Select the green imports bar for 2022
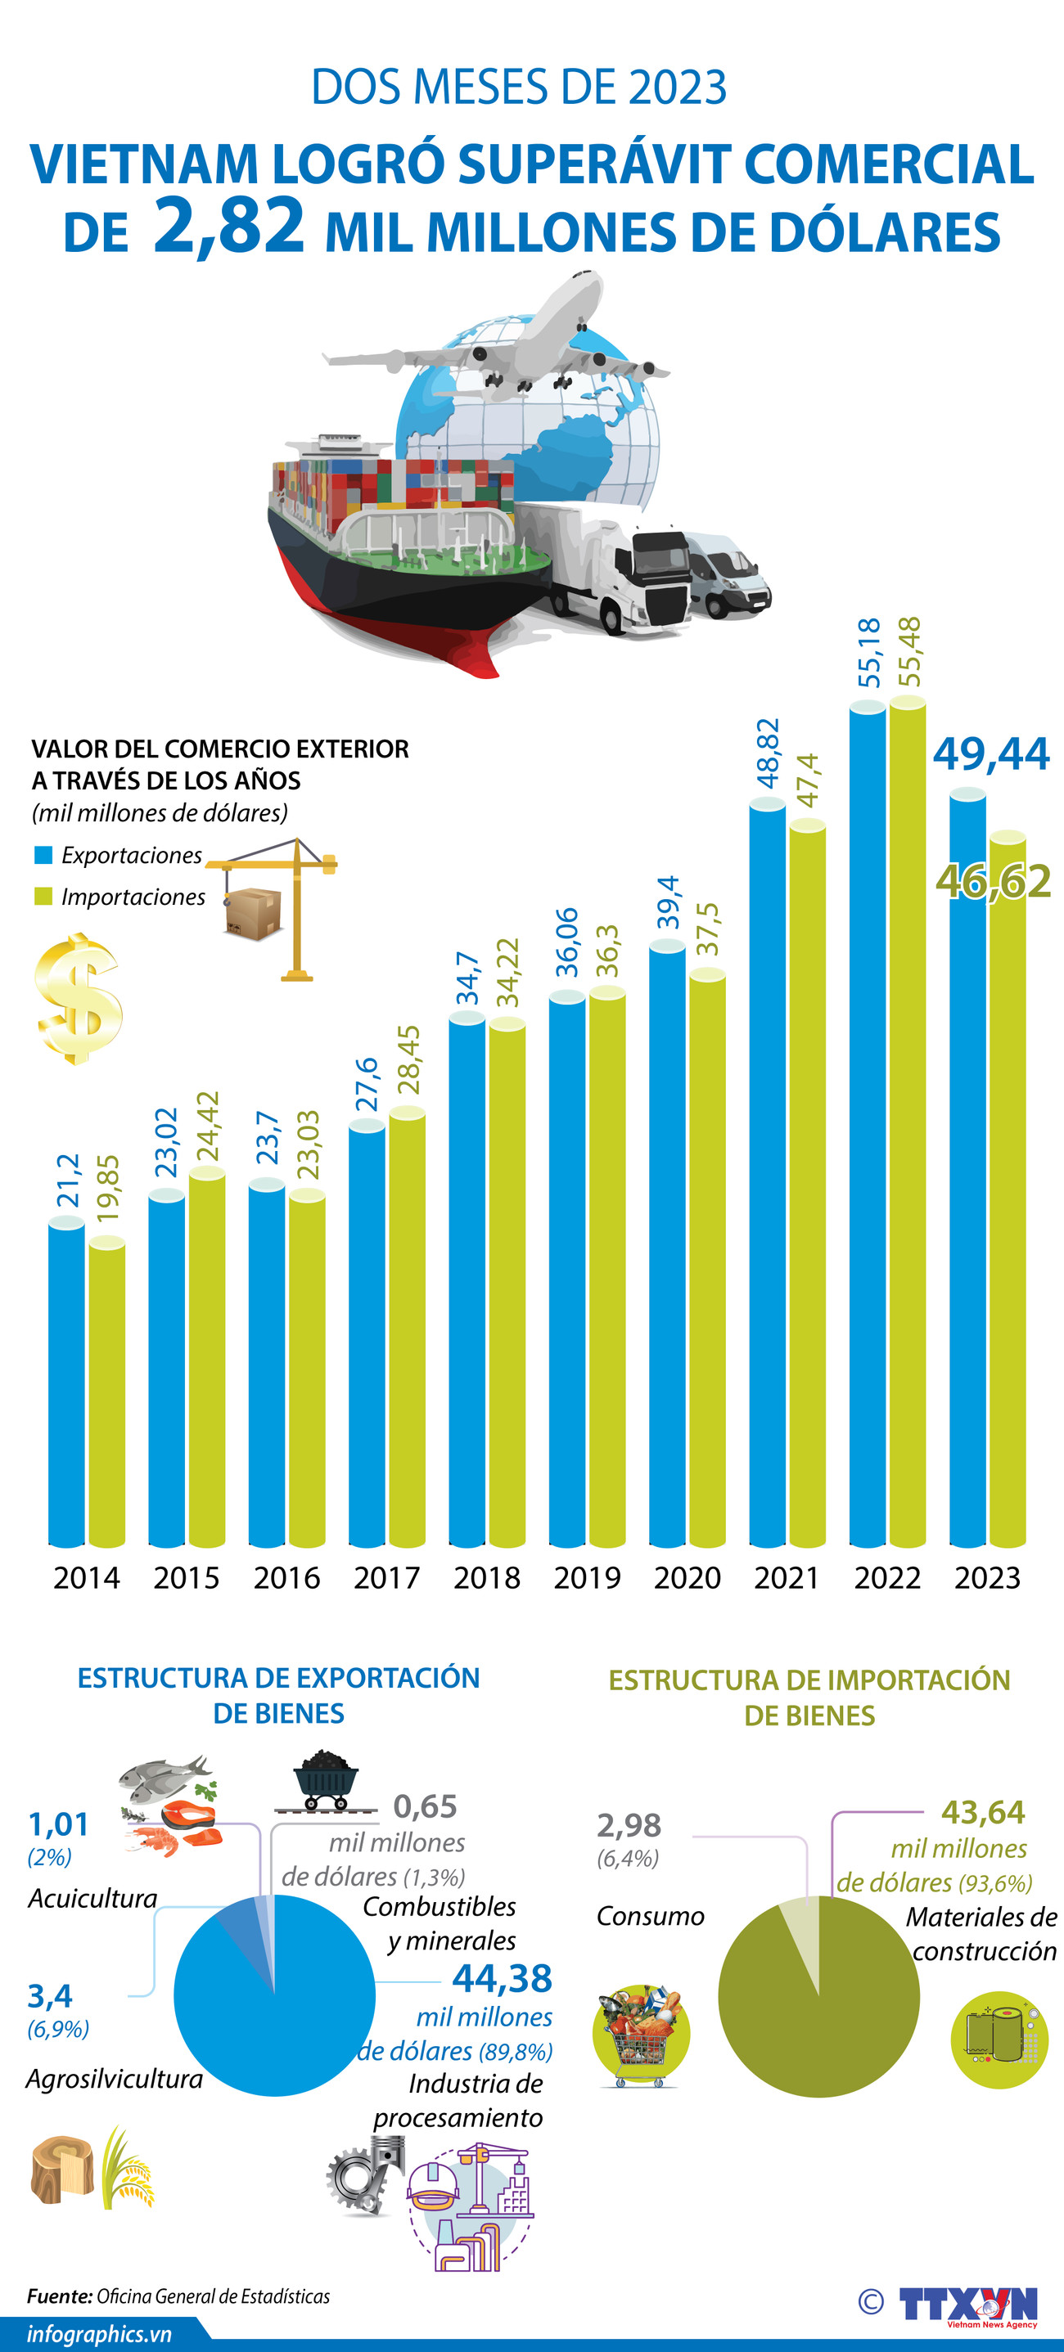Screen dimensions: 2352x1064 pyautogui.click(x=907, y=1123)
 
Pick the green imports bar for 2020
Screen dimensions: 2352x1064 pyautogui.click(x=707, y=1260)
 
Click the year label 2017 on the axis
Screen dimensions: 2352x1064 pyautogui.click(x=386, y=1578)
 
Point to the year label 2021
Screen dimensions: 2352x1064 pyautogui.click(x=787, y=1578)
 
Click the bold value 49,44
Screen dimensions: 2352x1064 pyautogui.click(x=991, y=754)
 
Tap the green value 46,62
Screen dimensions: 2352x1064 pyautogui.click(x=994, y=881)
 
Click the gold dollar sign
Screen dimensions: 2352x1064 pyautogui.click(x=79, y=998)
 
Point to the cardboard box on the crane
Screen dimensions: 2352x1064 pyautogui.click(x=253, y=914)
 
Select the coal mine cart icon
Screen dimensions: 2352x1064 pyautogui.click(x=325, y=1781)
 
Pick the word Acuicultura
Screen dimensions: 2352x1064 pyautogui.click(x=92, y=1898)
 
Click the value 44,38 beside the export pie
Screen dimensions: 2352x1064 pyautogui.click(x=503, y=1977)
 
